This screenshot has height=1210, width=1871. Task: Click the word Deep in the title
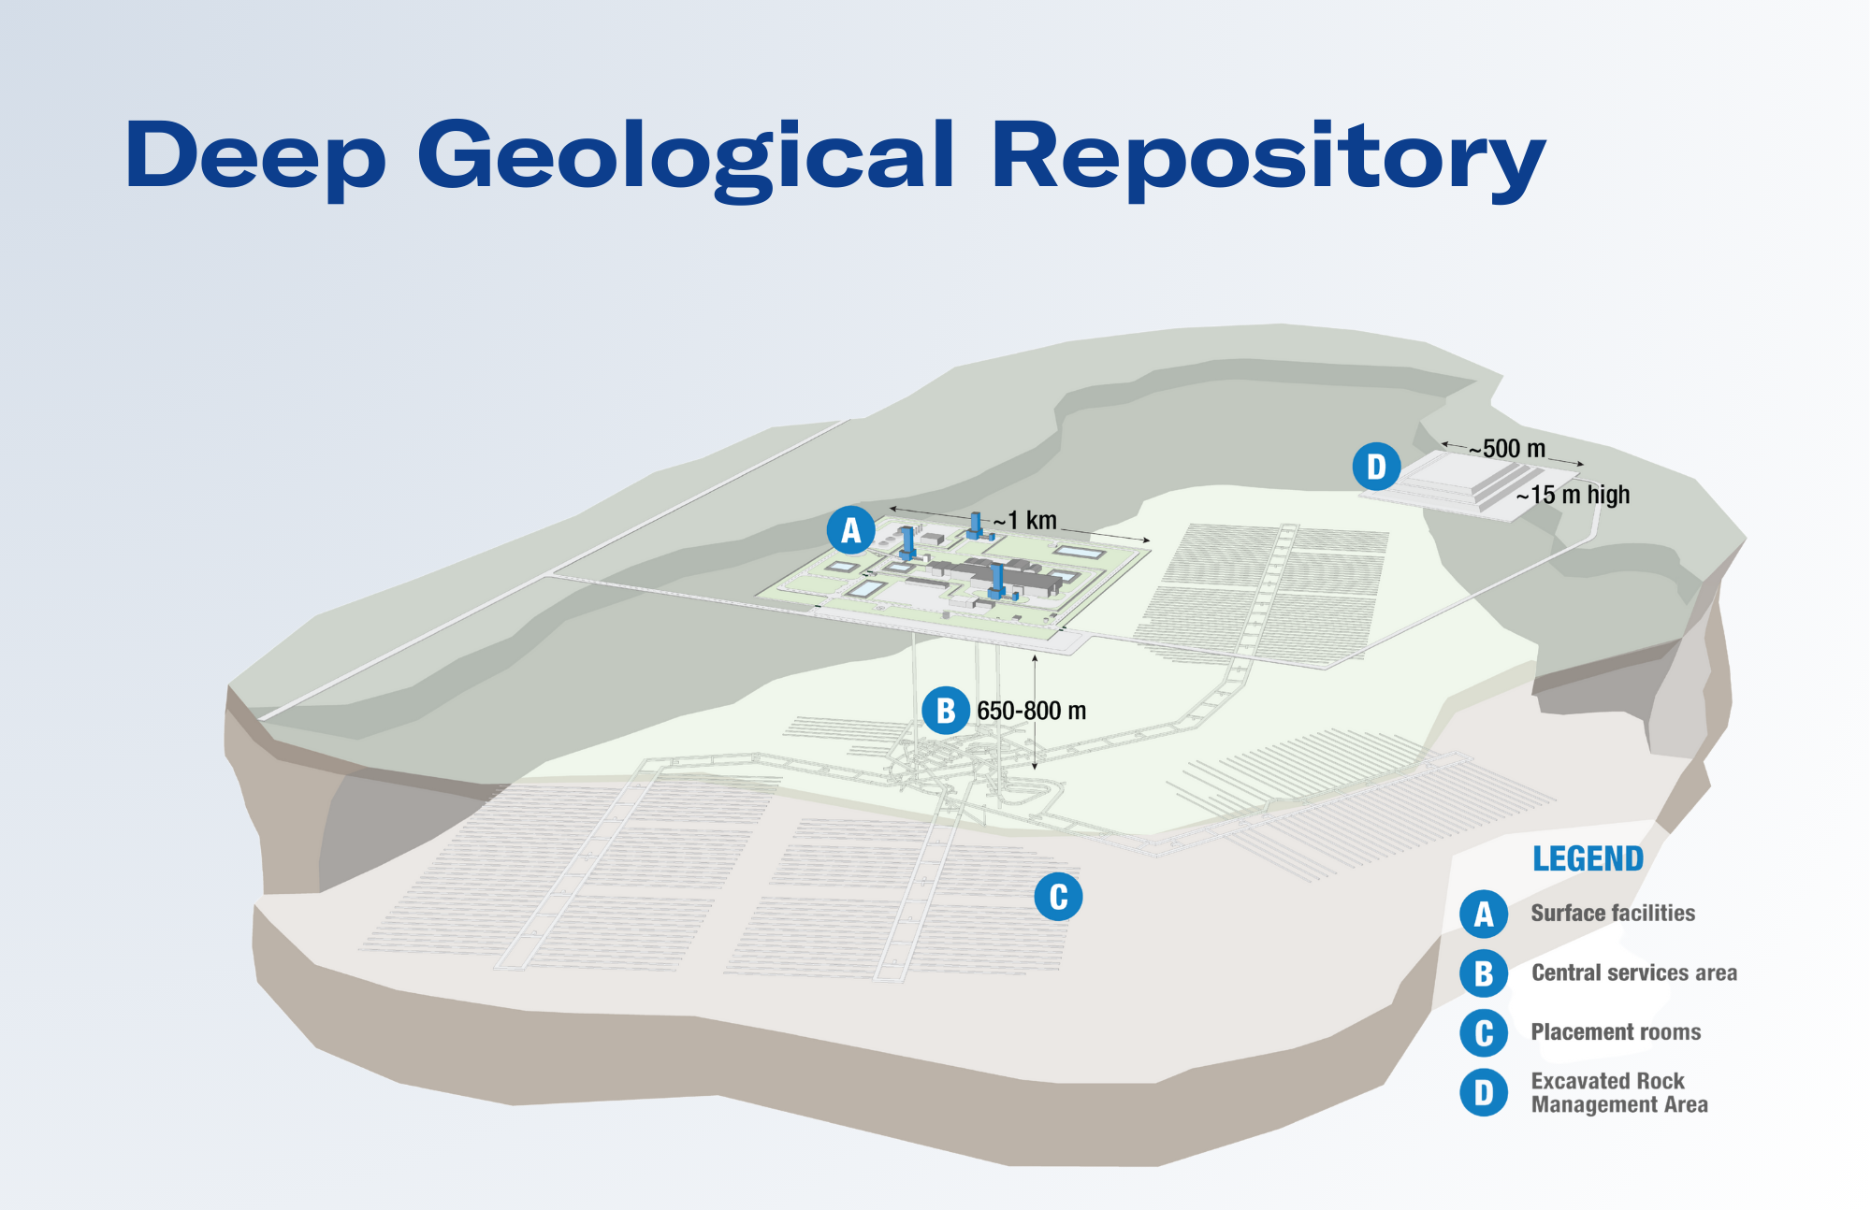255,157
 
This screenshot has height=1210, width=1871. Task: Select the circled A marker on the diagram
850,530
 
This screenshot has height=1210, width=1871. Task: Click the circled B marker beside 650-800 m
946,711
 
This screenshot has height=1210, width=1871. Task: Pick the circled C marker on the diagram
1058,897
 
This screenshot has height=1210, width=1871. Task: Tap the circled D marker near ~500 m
1376,467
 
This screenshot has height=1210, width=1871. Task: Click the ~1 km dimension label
1025,521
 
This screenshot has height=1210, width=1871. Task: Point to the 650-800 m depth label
1032,711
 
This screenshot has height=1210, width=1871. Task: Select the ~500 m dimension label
1507,449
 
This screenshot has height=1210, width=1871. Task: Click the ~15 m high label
1574,495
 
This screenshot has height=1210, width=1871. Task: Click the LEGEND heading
1588,858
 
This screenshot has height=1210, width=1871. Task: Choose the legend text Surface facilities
1613,913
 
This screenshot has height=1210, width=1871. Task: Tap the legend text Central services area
1634,972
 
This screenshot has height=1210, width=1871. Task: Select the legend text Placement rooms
1616,1031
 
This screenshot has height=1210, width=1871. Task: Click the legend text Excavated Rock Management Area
1619,1092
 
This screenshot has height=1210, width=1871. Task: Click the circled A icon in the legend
1484,914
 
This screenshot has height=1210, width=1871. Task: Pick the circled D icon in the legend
1484,1092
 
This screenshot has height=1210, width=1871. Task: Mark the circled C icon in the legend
1484,1032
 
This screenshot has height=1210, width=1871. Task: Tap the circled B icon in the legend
1484,973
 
